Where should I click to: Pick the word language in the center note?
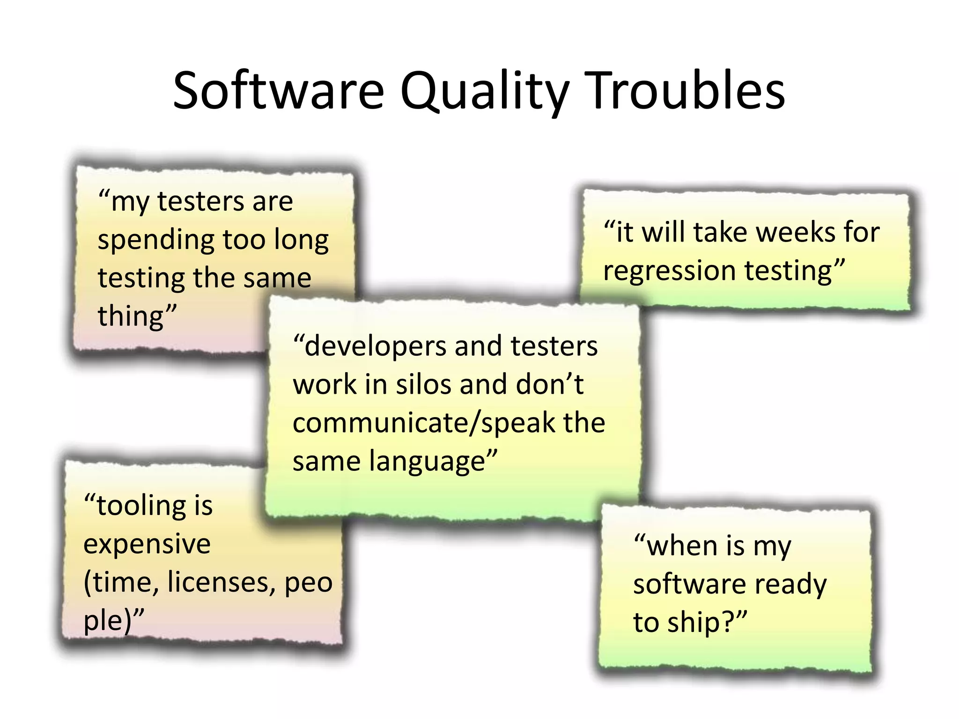428,462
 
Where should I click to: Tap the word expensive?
147,544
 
